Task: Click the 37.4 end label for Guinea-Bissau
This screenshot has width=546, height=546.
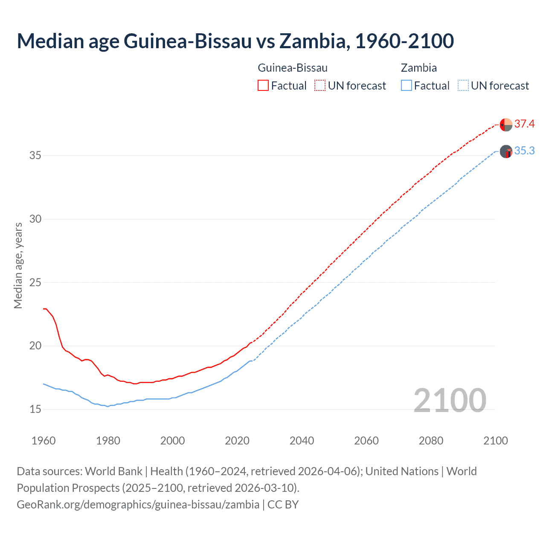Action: pos(524,124)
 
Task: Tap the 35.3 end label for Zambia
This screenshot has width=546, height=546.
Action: pos(524,151)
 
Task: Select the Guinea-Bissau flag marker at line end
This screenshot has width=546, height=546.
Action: pos(506,125)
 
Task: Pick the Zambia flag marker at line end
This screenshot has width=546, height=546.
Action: pos(506,151)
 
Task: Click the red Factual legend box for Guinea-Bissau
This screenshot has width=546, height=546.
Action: pos(263,86)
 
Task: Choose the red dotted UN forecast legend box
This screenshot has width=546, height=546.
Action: pos(320,86)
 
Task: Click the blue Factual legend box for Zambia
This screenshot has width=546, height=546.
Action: pos(407,86)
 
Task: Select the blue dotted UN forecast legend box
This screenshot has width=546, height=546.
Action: pos(463,86)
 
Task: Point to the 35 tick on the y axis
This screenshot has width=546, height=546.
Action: pos(35,156)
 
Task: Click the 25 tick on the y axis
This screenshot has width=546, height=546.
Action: pos(35,282)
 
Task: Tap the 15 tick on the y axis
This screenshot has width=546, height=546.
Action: pos(35,409)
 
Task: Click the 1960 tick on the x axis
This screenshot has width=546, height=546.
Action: pos(44,441)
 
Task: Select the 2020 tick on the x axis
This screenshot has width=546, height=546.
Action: pos(237,441)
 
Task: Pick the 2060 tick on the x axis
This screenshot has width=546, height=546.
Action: pos(366,441)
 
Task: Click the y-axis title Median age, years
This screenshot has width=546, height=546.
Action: pos(18,265)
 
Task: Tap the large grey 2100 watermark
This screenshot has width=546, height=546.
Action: pos(450,401)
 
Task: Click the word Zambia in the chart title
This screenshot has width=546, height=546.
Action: pos(313,41)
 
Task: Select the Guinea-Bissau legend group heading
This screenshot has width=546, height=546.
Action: pos(293,68)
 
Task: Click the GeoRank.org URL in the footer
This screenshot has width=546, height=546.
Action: pos(138,505)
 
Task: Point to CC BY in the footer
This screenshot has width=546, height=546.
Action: pos(283,505)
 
